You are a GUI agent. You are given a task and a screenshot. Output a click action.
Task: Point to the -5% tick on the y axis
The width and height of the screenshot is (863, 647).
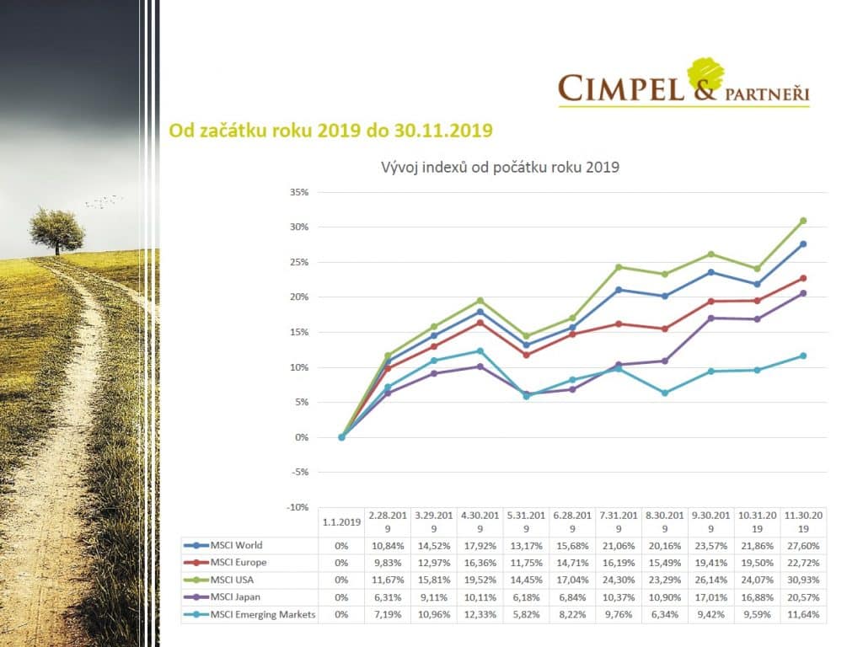point(300,472)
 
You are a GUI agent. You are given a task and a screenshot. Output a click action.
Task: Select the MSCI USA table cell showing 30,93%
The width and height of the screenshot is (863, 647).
point(803,580)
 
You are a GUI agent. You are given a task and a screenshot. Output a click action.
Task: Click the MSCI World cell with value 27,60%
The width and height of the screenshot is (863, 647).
point(803,546)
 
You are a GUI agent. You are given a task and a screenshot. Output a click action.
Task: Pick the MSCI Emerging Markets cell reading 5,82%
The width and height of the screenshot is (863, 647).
point(526,614)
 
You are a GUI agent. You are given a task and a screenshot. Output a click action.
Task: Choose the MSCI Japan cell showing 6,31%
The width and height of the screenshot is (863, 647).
point(388,597)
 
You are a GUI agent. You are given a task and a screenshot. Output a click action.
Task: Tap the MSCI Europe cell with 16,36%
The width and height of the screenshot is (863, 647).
point(480,563)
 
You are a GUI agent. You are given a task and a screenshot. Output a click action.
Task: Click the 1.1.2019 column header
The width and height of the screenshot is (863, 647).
point(341,521)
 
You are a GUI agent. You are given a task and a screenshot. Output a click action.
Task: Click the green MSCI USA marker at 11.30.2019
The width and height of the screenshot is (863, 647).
point(803,221)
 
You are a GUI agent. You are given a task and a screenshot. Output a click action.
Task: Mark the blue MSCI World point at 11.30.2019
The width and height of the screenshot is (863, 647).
point(803,244)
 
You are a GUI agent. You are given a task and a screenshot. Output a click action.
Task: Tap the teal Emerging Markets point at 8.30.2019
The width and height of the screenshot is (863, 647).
point(665,393)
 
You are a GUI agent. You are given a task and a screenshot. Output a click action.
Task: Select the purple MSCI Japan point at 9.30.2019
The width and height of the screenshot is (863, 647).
point(710,318)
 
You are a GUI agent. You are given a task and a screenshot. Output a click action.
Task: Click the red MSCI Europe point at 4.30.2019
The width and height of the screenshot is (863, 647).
point(480,323)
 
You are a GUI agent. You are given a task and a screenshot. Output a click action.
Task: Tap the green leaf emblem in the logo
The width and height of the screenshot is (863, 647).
point(705,74)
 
